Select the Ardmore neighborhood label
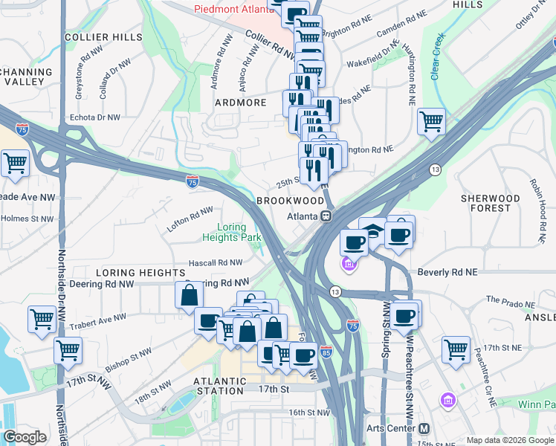240,103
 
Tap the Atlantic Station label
219,386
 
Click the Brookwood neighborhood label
290,201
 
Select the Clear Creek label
436,56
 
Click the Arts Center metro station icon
424,429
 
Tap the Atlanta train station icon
326,216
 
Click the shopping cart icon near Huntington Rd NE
430,122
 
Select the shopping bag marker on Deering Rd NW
189,296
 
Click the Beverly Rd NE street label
446,273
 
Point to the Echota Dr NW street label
94,117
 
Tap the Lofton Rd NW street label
190,220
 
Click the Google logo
25,438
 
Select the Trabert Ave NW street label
98,323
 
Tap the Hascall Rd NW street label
215,262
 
